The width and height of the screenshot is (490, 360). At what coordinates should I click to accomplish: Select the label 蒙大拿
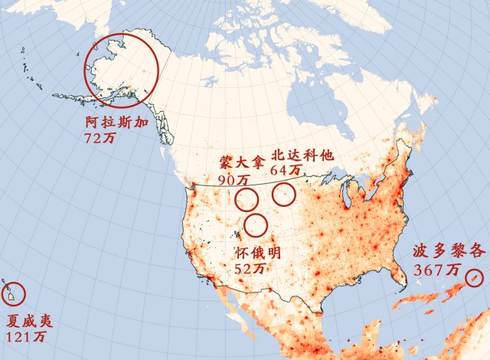click(x=241, y=165)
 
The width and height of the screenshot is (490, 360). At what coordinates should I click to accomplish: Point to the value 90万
click(x=234, y=180)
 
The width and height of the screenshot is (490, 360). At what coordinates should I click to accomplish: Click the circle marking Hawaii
click(x=15, y=293)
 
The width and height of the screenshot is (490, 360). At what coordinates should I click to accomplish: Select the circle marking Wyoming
click(x=256, y=225)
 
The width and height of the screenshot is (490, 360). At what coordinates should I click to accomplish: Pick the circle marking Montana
click(x=247, y=201)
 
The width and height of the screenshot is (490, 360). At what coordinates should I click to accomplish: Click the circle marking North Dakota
click(x=284, y=194)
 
